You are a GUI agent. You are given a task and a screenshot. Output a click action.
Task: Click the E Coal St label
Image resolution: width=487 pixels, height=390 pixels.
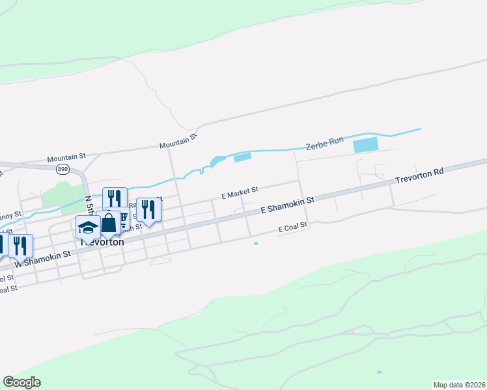coord(292,229)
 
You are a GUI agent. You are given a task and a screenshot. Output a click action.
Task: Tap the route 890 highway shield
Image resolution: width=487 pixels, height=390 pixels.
coord(63,169)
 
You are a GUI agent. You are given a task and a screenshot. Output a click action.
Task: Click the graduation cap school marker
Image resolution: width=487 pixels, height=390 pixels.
coord(88,228)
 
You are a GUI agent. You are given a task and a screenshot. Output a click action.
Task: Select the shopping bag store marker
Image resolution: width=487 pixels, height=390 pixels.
coord(109,223)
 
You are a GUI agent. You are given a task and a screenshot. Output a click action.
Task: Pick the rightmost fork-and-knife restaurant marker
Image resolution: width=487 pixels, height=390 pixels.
coord(149,209)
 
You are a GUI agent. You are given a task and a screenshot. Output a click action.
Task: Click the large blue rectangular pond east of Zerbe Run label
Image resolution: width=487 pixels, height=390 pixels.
coord(365,145)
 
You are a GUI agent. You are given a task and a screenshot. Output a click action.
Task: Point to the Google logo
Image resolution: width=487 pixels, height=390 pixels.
coord(21,383)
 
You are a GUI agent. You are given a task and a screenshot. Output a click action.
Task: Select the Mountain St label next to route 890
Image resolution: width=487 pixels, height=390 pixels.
coord(66,157)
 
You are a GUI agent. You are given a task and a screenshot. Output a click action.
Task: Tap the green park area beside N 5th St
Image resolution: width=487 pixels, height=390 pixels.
coord(59,195)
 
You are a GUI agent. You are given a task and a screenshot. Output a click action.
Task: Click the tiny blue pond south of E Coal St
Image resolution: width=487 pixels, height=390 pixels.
coord(256,244)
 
